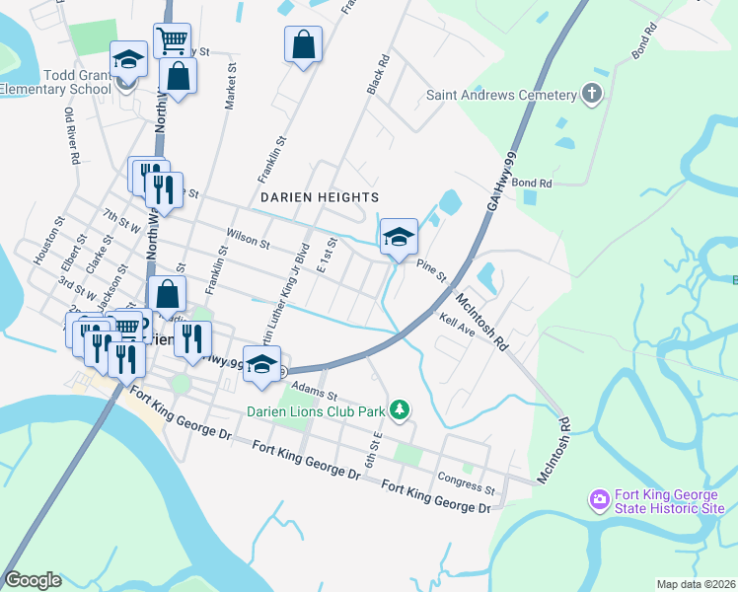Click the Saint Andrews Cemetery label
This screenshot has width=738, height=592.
[500, 95]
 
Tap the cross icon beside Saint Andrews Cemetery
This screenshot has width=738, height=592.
[591, 95]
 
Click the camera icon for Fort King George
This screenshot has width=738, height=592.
[599, 501]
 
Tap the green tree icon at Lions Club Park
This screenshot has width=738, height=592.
[399, 407]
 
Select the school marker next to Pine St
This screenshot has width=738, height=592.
[399, 238]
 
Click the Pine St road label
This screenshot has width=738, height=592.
[432, 267]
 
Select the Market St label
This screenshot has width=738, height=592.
[231, 86]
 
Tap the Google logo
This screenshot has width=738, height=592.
[33, 580]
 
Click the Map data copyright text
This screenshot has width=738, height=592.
[696, 584]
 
